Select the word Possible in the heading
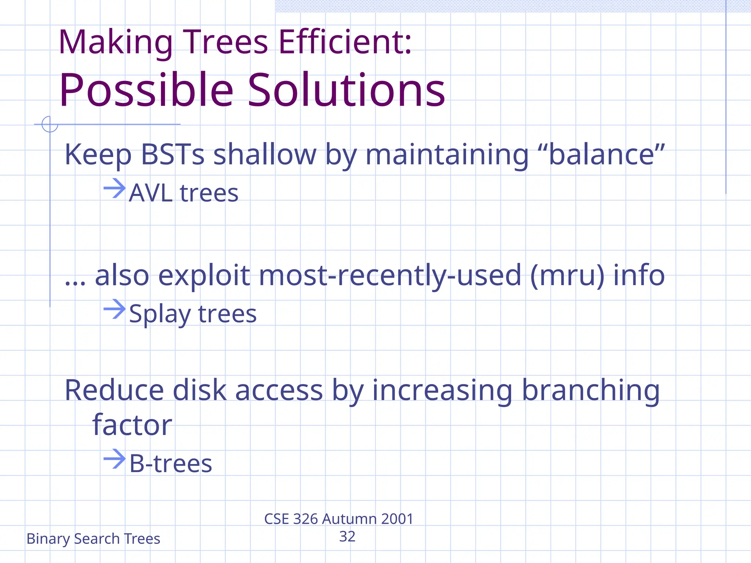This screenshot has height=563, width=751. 146,90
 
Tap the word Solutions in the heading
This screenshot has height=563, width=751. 347,90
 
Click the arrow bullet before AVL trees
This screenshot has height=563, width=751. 114,188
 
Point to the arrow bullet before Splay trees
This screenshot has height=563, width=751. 114,309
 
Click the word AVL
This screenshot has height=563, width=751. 151,193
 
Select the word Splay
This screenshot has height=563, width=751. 160,314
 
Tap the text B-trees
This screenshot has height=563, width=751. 171,464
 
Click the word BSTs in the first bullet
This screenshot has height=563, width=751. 172,155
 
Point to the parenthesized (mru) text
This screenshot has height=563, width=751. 567,276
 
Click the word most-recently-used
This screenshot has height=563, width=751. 390,276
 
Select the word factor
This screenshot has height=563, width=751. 132,425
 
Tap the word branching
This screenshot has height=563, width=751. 590,391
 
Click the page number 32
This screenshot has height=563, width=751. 347,537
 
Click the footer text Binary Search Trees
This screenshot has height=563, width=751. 93,539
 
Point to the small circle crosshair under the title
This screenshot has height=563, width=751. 50,124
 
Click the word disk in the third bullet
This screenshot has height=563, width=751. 199,391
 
